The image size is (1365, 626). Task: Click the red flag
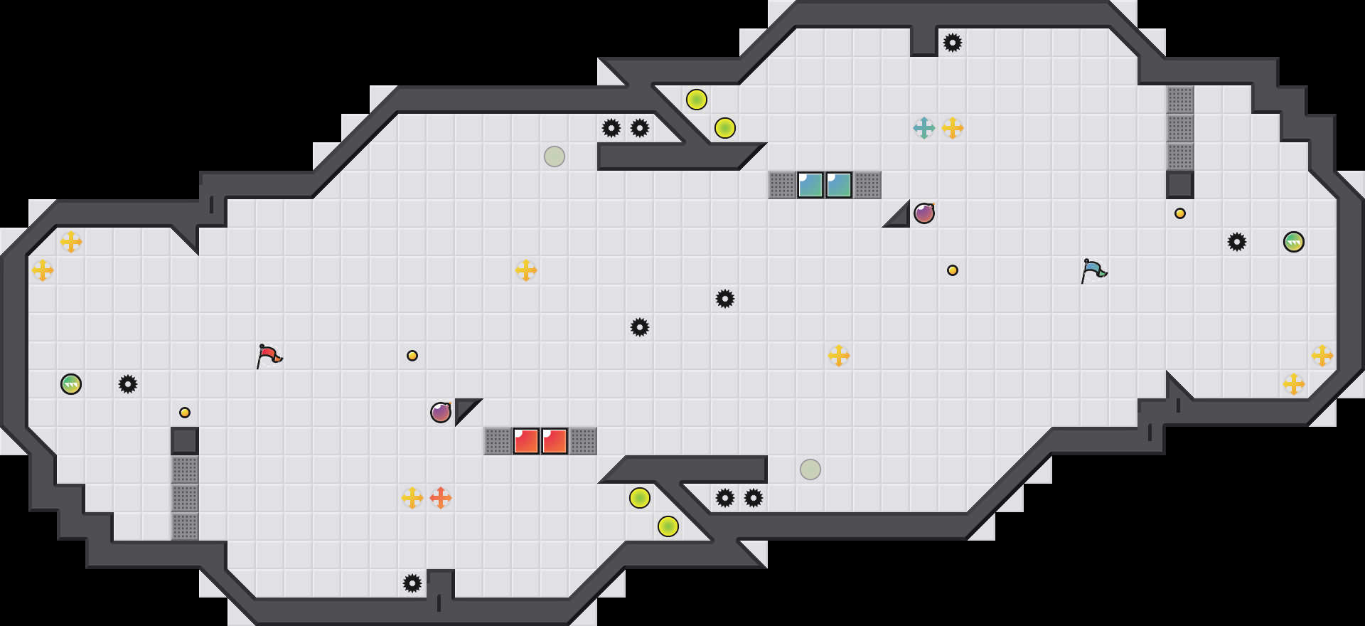(x=269, y=355)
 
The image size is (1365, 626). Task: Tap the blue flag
(x=1093, y=270)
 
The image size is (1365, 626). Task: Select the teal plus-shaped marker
(x=924, y=128)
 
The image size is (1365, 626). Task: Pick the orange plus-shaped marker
(x=441, y=498)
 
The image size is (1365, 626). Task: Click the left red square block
(x=526, y=441)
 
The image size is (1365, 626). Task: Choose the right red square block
(x=555, y=441)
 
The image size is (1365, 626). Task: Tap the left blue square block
(x=810, y=185)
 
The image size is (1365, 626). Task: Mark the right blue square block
(x=839, y=185)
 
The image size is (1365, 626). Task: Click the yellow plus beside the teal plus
(x=953, y=128)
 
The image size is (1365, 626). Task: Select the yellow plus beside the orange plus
(x=412, y=498)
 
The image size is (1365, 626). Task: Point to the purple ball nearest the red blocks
(x=441, y=413)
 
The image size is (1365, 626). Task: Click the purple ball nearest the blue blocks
(x=924, y=213)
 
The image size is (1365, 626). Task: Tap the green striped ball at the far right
(x=1294, y=242)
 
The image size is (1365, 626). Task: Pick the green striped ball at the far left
(x=71, y=384)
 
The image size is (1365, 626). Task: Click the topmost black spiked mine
(x=953, y=43)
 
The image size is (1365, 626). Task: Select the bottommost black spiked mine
(x=412, y=583)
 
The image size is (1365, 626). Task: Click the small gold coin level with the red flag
(x=412, y=356)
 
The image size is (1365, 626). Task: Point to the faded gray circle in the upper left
(x=555, y=156)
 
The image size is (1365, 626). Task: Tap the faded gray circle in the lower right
(x=810, y=469)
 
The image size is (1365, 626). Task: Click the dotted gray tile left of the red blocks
(x=498, y=441)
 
